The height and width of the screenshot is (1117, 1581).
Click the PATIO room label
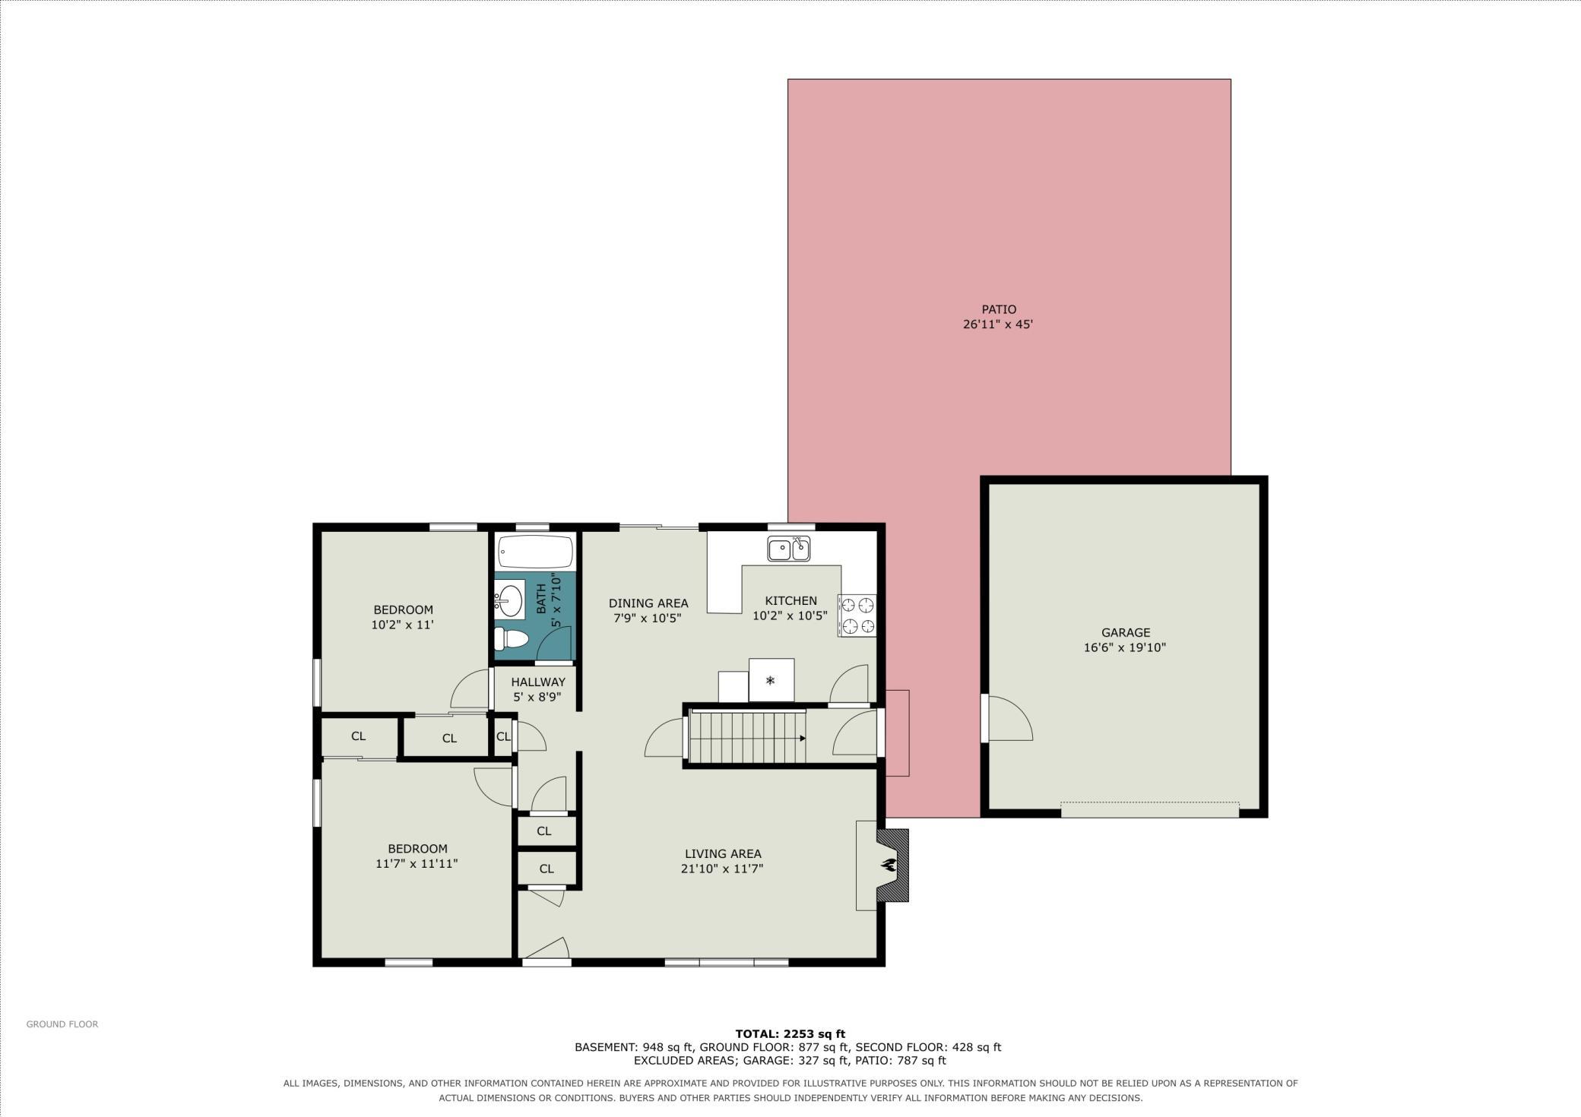point(999,309)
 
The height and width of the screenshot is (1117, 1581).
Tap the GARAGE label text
point(1126,632)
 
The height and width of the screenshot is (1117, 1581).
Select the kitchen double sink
point(789,548)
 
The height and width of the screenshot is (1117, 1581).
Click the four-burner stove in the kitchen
point(857,615)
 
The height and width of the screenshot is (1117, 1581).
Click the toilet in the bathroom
point(512,638)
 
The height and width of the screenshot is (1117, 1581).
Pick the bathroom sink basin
point(510,600)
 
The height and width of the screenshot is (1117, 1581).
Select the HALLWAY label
point(538,682)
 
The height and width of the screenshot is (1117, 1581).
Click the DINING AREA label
point(648,603)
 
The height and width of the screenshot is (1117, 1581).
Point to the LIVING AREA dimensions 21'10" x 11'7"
point(722,869)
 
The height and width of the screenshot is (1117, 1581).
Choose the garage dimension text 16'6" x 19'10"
point(1125,647)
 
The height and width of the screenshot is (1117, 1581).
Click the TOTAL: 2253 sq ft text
point(790,1033)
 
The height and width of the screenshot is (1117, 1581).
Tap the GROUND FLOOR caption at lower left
point(62,1024)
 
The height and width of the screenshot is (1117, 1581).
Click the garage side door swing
point(1009,718)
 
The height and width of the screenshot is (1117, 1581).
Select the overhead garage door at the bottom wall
point(1150,809)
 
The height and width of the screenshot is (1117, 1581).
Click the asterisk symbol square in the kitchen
point(771,680)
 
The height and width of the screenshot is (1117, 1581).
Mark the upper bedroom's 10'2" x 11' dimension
point(403,625)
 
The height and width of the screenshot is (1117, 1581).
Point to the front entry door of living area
point(546,950)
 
